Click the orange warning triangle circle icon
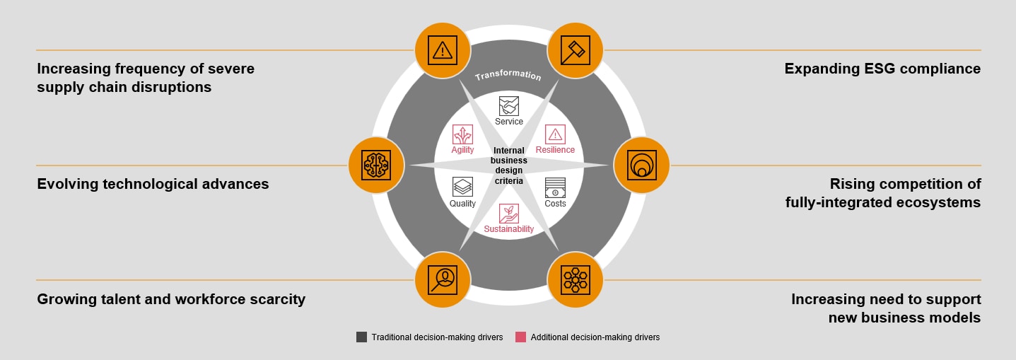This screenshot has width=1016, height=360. point(443,50)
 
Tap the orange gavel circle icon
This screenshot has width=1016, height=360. point(575,50)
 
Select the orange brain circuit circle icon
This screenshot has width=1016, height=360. point(376,165)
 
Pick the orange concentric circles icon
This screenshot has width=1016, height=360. point(641,165)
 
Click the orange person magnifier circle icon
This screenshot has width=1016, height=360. point(443,279)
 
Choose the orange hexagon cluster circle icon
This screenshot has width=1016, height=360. point(575,279)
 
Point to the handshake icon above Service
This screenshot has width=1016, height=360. point(509,106)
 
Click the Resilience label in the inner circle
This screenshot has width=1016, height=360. point(555,150)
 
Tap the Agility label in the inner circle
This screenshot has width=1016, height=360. point(463,150)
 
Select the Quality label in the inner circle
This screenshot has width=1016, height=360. point(463,204)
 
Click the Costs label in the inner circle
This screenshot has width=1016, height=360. point(555,204)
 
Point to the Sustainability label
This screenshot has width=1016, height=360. point(509,229)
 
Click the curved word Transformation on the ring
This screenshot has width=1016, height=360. point(508,76)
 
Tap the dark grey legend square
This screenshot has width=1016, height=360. point(361,337)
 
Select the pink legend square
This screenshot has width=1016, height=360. point(520,337)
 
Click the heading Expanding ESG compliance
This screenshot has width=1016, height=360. point(882,69)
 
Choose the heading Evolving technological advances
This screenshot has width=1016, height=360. point(153,184)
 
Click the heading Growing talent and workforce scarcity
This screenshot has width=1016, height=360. point(171,299)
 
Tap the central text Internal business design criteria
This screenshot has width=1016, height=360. point(509,166)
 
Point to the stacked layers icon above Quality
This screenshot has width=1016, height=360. point(463,187)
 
